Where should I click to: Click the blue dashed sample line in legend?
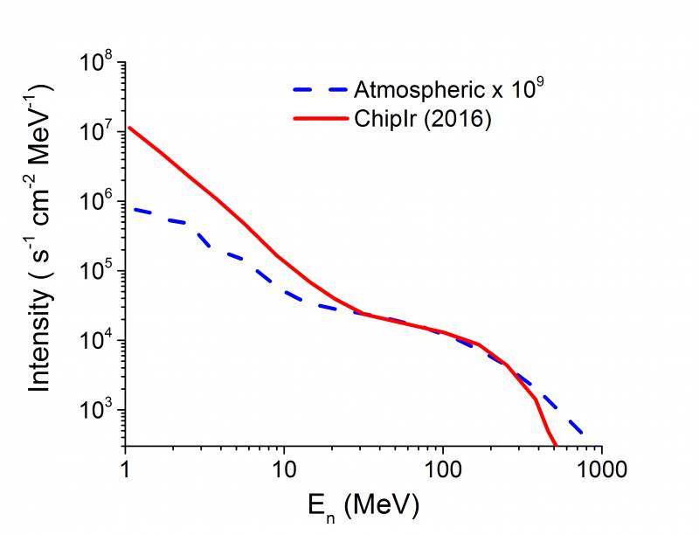[x=318, y=90]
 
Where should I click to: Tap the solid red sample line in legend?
[x=318, y=120]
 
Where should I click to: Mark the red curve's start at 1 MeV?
[x=128, y=128]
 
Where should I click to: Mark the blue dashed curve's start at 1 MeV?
[x=128, y=208]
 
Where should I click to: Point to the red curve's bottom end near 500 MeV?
[x=556, y=446]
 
